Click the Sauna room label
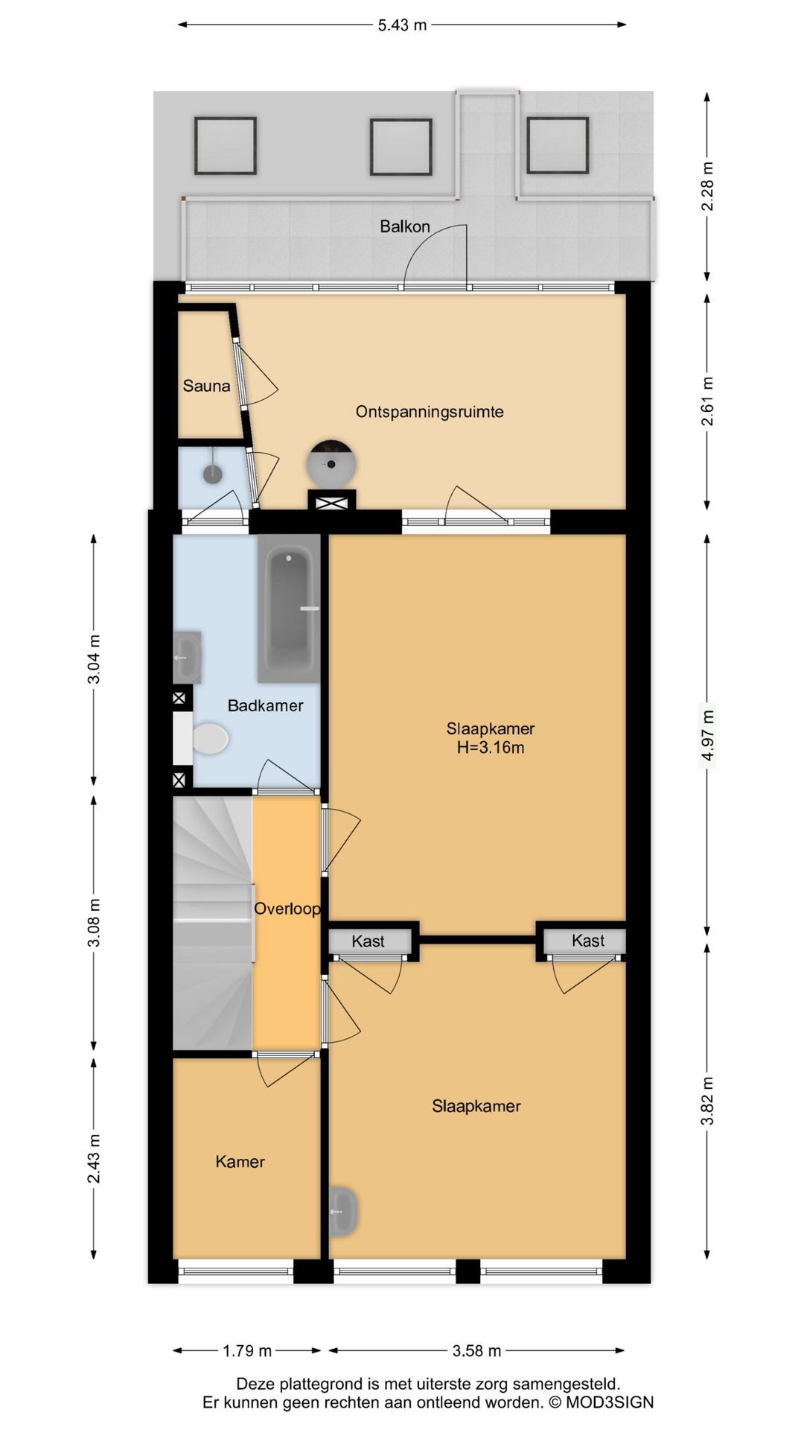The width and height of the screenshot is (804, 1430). click(x=206, y=386)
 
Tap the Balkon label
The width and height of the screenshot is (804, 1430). click(x=405, y=226)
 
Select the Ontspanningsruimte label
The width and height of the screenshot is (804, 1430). click(x=430, y=412)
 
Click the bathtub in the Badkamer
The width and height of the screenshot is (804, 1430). click(x=290, y=608)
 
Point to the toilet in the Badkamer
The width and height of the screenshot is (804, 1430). click(x=209, y=739)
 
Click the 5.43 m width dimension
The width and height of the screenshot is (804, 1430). click(x=402, y=25)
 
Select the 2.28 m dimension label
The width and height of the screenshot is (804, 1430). click(x=707, y=186)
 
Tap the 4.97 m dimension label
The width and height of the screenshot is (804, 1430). click(x=707, y=736)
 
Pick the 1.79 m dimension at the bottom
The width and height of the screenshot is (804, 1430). click(x=247, y=1350)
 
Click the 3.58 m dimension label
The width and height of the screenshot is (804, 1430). click(x=476, y=1350)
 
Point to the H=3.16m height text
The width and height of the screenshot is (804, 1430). click(x=491, y=748)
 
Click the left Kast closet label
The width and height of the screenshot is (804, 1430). click(x=368, y=941)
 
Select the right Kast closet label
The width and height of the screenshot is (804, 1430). click(x=588, y=941)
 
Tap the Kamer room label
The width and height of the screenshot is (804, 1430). click(x=240, y=1162)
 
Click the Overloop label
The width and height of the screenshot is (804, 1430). click(x=287, y=909)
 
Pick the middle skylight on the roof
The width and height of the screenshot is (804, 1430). click(x=401, y=147)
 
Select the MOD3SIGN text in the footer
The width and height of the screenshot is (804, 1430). click(x=610, y=1402)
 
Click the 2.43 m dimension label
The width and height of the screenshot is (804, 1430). click(x=94, y=1159)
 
